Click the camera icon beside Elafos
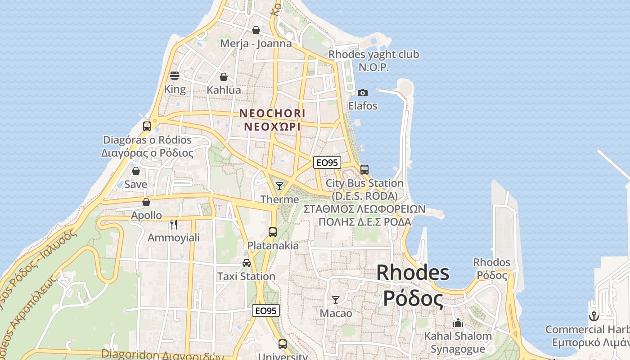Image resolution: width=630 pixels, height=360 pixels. pyautogui.click(x=362, y=93)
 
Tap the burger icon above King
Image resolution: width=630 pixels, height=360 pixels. pyautogui.click(x=175, y=76)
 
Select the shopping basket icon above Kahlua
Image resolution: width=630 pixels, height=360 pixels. pyautogui.click(x=224, y=77)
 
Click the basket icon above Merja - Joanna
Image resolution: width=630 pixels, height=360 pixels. pyautogui.click(x=256, y=30)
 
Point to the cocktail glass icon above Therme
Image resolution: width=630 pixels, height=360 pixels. pyautogui.click(x=279, y=186)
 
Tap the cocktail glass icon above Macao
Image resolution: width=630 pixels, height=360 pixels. pyautogui.click(x=336, y=300)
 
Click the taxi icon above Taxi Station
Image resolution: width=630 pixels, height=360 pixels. pyautogui.click(x=247, y=263)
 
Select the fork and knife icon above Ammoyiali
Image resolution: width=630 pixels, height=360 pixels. pyautogui.click(x=174, y=224)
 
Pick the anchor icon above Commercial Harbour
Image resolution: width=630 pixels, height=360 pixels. pyautogui.click(x=594, y=316)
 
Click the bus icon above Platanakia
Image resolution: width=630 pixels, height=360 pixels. pyautogui.click(x=273, y=232)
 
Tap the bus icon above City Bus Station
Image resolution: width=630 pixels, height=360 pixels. pyautogui.click(x=364, y=170)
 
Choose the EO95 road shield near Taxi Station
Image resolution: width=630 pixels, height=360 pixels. pyautogui.click(x=265, y=310)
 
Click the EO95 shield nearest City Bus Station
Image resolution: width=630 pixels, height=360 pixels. pyautogui.click(x=327, y=162)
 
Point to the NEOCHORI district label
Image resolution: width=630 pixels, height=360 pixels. pyautogui.click(x=272, y=120)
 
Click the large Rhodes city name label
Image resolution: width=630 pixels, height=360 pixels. pyautogui.click(x=413, y=285)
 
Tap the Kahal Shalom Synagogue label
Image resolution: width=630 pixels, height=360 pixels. pyautogui.click(x=458, y=342)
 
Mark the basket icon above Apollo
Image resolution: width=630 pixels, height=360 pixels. pyautogui.click(x=146, y=202)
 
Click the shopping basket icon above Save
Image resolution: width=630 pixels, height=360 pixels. pyautogui.click(x=136, y=171)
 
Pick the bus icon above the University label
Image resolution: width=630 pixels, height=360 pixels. pyautogui.click(x=283, y=344)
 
